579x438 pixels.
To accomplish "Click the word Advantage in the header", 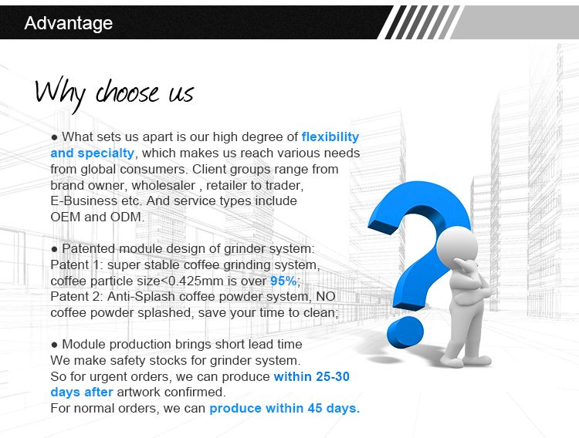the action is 68,23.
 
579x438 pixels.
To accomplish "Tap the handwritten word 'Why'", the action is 60,93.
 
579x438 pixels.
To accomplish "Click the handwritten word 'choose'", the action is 127,91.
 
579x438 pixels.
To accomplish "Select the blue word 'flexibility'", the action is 330,137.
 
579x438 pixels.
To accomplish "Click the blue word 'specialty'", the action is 106,153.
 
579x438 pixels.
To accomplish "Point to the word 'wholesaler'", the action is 164,185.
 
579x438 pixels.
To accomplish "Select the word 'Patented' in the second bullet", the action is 89,249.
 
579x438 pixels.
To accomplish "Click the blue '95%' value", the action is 283,281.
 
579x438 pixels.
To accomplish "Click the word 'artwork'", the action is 139,392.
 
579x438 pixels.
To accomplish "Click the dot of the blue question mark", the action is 405,332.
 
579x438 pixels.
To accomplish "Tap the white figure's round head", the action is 456,246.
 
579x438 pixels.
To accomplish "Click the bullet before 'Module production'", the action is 54,345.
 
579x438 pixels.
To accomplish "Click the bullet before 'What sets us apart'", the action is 54,137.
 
